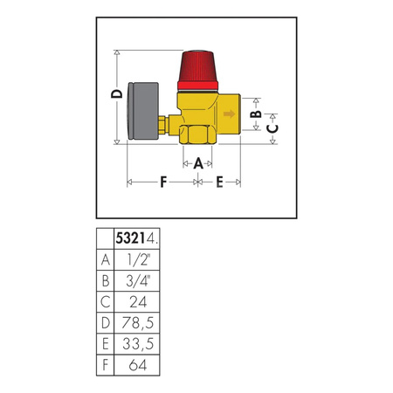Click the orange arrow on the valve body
tap(229, 114)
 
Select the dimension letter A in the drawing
tap(198, 162)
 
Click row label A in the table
tap(106, 259)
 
